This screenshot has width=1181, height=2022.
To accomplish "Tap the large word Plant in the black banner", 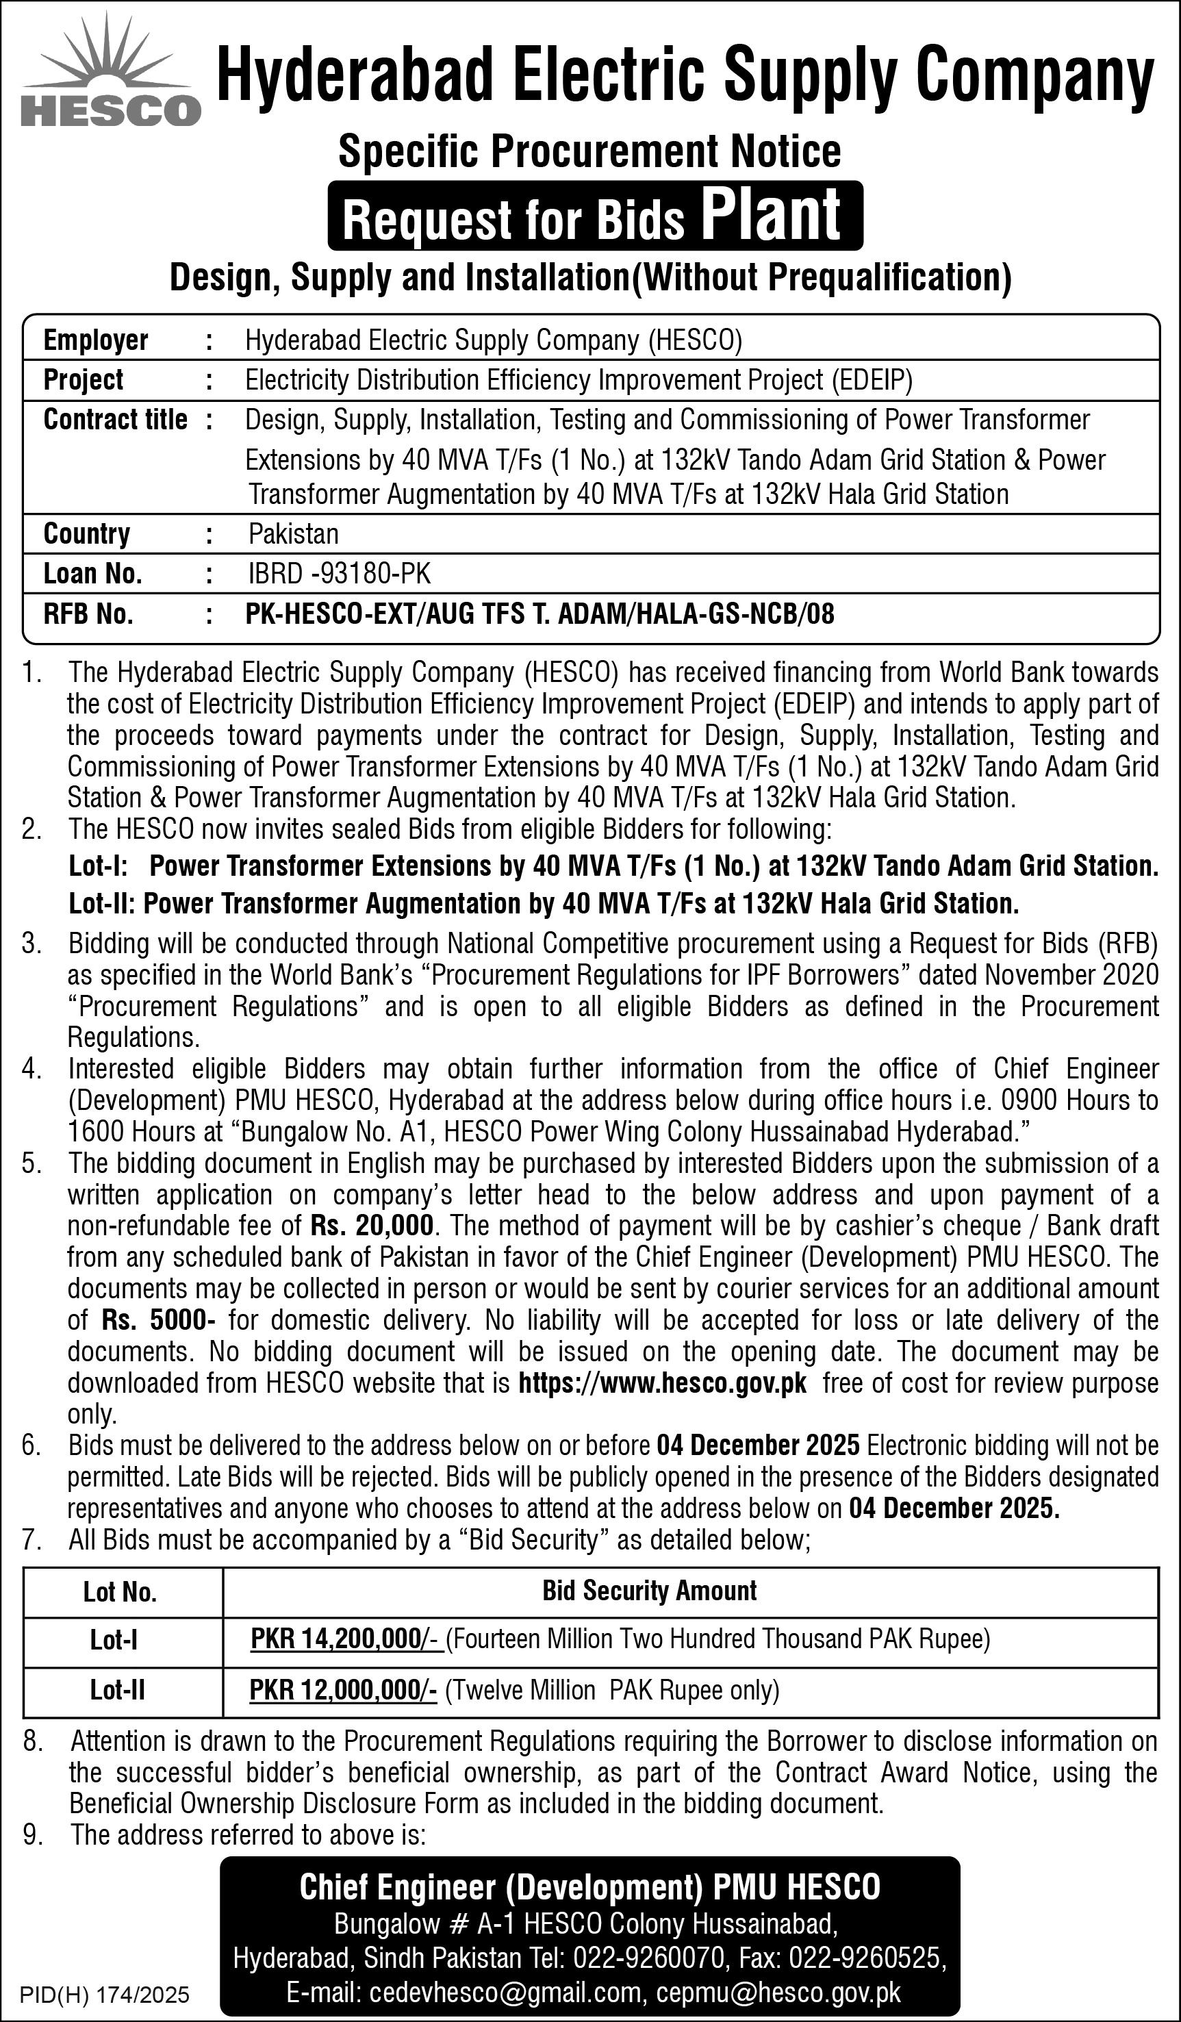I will point(771,215).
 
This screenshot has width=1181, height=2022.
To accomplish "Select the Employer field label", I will point(95,340).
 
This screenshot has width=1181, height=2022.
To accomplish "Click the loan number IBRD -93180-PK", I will point(340,574).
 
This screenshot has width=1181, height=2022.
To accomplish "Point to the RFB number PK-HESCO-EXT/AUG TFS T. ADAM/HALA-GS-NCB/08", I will point(539,614).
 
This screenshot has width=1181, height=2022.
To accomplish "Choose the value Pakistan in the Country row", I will point(294,533).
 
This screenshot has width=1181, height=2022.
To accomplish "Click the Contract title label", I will point(116,420).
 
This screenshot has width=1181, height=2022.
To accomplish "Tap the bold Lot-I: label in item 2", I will point(99,865).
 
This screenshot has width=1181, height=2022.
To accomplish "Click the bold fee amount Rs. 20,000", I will point(372,1225).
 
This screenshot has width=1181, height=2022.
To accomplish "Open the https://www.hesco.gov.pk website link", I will point(663,1383).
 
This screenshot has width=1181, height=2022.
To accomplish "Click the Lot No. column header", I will point(120,1592).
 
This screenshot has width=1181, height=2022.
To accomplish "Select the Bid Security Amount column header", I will point(649,1591).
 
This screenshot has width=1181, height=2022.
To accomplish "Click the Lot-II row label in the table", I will point(117,1691).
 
